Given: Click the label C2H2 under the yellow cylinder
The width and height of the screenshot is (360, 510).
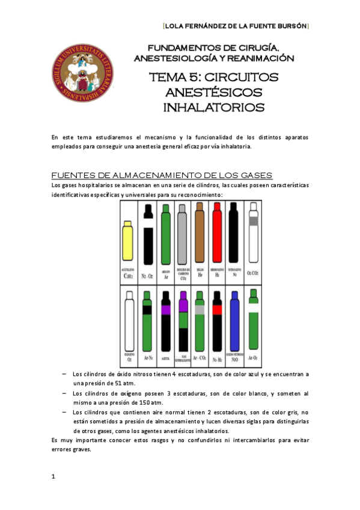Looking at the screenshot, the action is click(x=127, y=277).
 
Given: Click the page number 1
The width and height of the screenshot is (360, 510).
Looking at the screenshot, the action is click(x=54, y=477).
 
